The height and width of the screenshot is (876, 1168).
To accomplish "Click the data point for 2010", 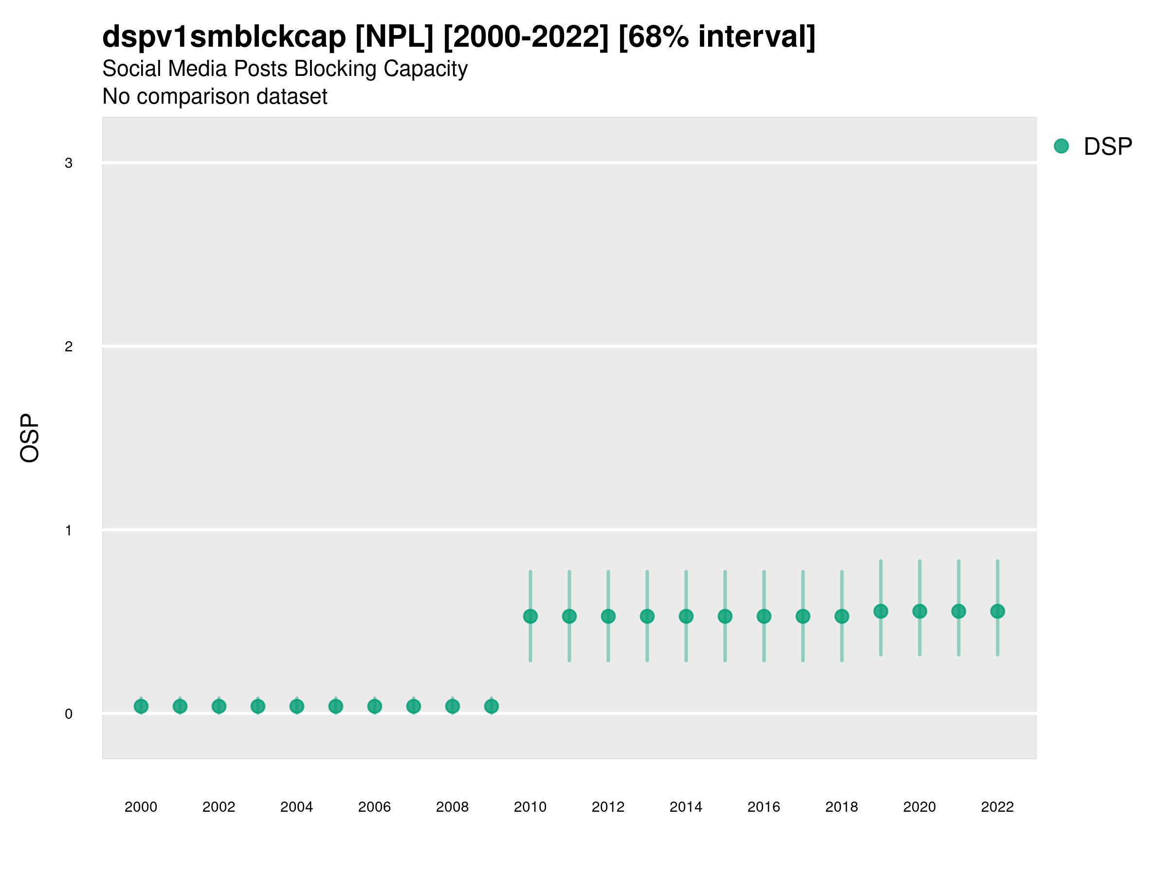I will coord(530,616).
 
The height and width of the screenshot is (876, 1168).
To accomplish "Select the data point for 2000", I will coord(141,706).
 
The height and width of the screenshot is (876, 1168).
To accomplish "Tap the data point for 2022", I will coord(998,611).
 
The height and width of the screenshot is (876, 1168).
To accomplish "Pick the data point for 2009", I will coord(491,706).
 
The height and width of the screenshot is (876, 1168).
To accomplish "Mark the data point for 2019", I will coord(881,611).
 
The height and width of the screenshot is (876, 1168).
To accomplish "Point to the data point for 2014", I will coord(686,616).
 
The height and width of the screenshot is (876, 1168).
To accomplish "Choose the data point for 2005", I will coord(336,706).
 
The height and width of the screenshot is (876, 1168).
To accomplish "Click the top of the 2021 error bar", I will coord(958,561).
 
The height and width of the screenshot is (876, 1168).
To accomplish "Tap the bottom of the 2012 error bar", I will coord(608,660).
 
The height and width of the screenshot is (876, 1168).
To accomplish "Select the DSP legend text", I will coord(1108,146).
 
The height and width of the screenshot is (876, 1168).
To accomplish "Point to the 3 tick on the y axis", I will coord(69,163).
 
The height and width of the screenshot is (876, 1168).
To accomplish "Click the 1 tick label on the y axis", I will coord(69,530).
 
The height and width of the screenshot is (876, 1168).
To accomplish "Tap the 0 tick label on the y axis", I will coord(69,714).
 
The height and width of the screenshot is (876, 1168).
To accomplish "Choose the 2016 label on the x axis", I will coord(764,807).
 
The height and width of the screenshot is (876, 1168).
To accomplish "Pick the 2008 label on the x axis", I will coord(452,807).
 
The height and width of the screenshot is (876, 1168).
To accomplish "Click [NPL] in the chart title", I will coord(394,37).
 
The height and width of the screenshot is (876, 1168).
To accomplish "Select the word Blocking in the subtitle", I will coord(335,69).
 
